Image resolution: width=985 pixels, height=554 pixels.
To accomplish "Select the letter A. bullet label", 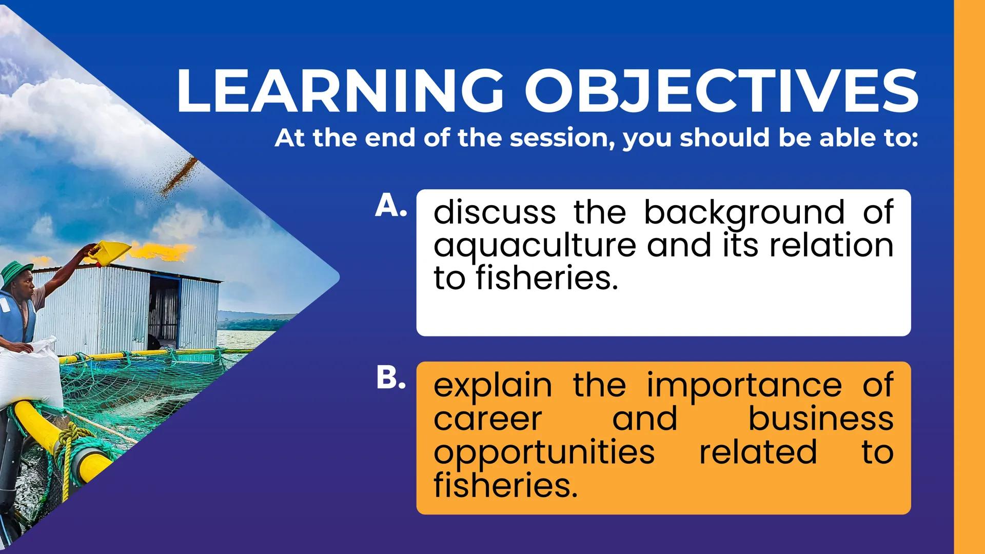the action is [391, 206].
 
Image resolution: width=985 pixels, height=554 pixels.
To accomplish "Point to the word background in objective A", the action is [744, 212].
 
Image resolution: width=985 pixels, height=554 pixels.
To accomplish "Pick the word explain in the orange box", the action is [493, 386].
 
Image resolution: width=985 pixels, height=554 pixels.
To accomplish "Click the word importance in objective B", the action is [744, 386].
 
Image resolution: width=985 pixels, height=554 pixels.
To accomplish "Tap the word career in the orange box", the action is [487, 420].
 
